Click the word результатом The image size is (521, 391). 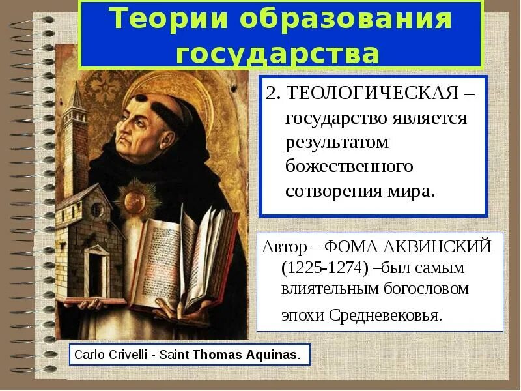click(x=337, y=142)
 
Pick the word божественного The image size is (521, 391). click(x=350, y=166)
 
